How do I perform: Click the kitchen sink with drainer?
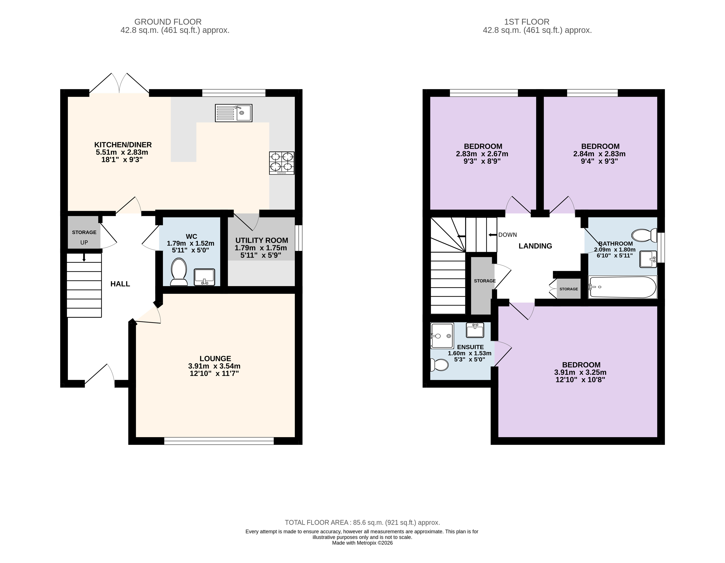(x=233, y=113)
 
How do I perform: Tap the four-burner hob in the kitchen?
(x=282, y=163)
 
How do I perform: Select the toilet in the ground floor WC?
(x=179, y=272)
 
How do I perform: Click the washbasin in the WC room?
(x=204, y=277)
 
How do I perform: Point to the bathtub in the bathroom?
(x=622, y=287)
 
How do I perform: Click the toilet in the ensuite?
(x=439, y=365)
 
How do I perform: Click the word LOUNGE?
(x=215, y=358)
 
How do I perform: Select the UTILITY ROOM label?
(x=262, y=240)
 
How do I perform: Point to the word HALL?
(x=120, y=284)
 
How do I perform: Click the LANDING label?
(x=535, y=246)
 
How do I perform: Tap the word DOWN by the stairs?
(x=508, y=235)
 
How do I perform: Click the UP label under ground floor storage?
(x=84, y=242)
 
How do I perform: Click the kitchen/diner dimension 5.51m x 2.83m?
(x=122, y=152)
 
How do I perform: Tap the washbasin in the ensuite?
(x=475, y=330)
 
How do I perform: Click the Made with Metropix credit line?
(x=362, y=543)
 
